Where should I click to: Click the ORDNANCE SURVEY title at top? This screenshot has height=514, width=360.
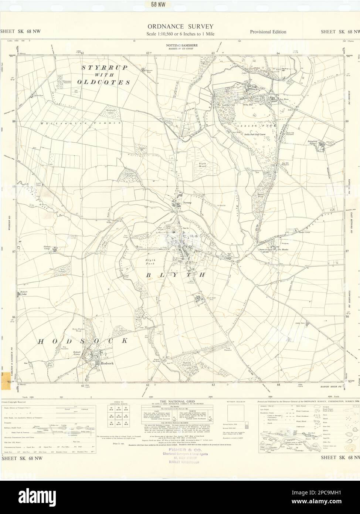[180, 26]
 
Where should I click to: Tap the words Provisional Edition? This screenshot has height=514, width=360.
[268, 32]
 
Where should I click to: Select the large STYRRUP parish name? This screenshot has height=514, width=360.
[104, 68]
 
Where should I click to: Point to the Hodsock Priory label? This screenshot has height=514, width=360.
[77, 353]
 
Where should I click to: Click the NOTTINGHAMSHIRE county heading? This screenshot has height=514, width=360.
[180, 45]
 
